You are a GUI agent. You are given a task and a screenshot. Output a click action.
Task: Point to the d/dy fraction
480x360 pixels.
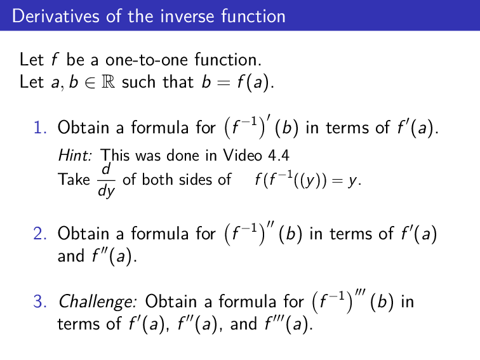106,180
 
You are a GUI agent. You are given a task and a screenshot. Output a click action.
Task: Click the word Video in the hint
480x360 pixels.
241,155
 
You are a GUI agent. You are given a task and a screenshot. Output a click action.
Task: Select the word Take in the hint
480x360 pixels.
74,180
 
